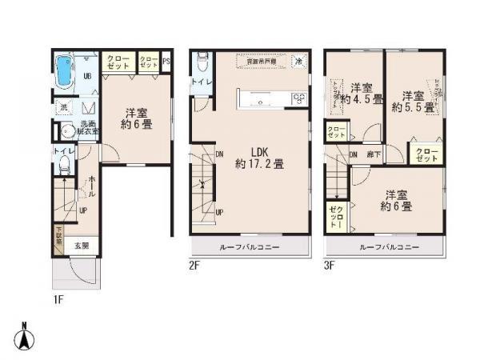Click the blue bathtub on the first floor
tap(64, 70)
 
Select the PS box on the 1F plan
tap(166, 60)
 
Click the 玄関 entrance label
tap(82, 246)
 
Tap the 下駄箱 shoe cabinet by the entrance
tap(58, 235)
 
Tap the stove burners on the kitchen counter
tap(298, 98)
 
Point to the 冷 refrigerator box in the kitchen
tap(298, 62)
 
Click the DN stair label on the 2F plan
tap(218, 154)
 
